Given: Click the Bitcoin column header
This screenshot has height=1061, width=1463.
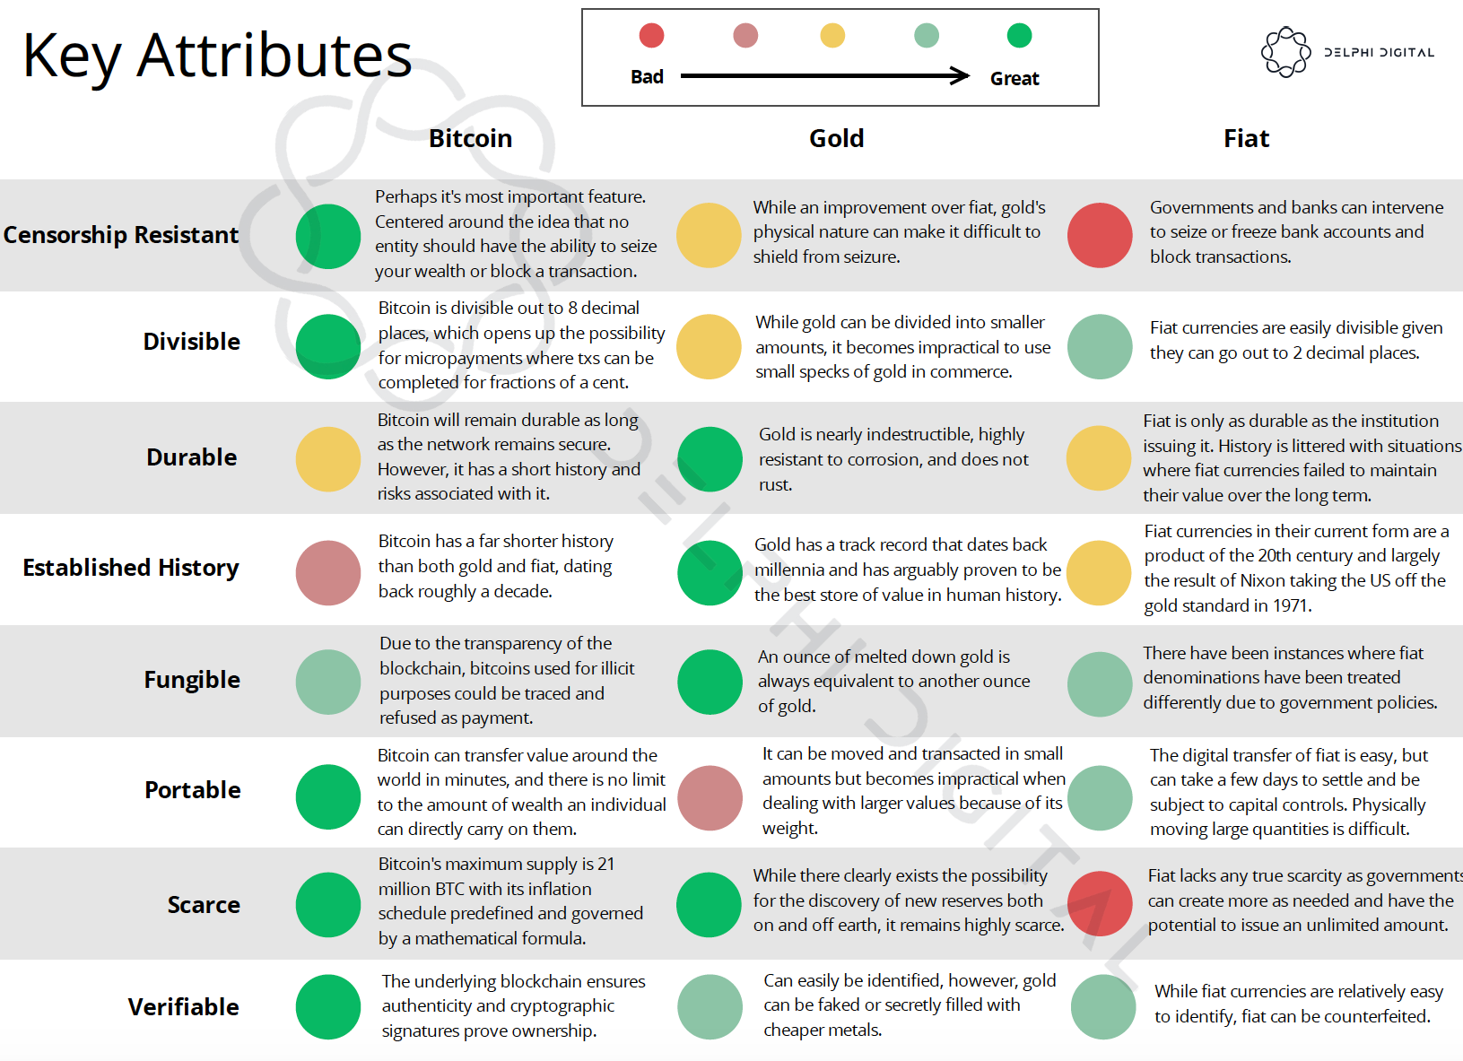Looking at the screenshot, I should point(470,138).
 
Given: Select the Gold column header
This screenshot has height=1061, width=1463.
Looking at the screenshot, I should point(836,138).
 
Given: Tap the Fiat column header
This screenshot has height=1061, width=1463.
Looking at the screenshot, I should point(1246,138).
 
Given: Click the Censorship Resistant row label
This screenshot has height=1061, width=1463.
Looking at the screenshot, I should point(121,235).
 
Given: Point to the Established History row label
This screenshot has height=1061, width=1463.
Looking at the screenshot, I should point(131,568).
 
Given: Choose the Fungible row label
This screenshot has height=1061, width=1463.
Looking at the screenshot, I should point(192,680).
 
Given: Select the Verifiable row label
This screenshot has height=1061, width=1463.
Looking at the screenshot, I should point(183,1007).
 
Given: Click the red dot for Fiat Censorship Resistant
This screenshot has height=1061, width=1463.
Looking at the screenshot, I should point(1100,235).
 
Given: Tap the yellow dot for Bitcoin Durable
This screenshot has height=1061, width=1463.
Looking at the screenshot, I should point(328,459).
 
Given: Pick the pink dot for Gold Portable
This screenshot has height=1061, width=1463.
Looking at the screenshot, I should point(710,797).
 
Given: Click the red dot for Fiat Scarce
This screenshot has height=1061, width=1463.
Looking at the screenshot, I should point(1100,904).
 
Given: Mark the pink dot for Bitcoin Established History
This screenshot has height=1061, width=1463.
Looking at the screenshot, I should point(328,572).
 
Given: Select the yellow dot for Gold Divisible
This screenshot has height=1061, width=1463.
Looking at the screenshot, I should point(709,346).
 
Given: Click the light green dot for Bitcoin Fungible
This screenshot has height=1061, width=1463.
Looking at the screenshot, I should point(328,682).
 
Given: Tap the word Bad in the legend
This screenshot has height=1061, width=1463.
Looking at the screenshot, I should point(647,77).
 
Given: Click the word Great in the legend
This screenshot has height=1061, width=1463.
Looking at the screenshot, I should point(1015,79).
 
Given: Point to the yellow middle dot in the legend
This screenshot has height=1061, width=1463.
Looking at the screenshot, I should point(832,36).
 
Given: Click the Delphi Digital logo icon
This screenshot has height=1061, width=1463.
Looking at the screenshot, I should point(1285,52).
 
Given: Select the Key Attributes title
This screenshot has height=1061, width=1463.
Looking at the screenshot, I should point(217,56).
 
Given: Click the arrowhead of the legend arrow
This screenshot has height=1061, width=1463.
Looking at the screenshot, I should point(962,75).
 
